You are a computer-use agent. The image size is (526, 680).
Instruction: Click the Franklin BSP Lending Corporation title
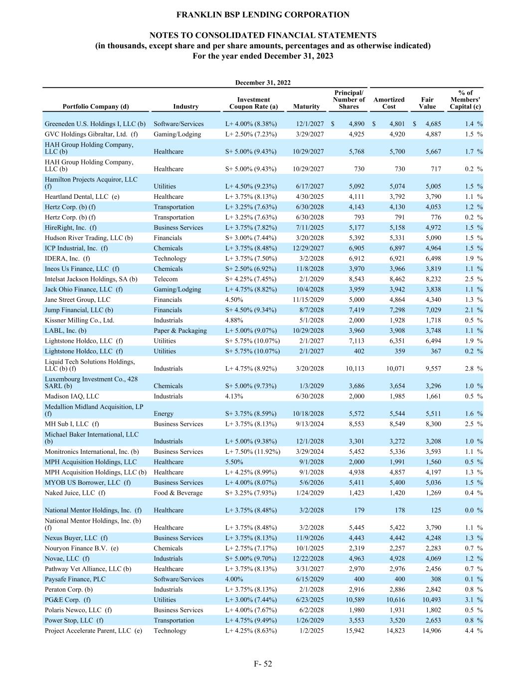tap(263, 15)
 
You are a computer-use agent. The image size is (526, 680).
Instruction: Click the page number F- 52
tap(263, 664)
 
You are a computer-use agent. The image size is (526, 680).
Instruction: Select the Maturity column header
tap(306, 106)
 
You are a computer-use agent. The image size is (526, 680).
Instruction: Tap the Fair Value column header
tap(427, 103)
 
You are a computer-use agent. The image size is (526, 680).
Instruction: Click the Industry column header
tap(185, 106)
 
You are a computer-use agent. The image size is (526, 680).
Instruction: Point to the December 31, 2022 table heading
tap(263, 83)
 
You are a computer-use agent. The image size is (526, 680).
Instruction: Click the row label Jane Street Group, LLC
tap(77, 299)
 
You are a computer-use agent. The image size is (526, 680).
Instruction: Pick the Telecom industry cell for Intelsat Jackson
tap(166, 279)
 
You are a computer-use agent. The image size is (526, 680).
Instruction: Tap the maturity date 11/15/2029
tap(308, 299)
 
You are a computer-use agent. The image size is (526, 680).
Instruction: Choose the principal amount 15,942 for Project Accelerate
tap(354, 631)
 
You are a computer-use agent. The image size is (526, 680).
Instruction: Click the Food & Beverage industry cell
tap(178, 493)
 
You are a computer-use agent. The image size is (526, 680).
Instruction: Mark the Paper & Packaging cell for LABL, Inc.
tap(180, 331)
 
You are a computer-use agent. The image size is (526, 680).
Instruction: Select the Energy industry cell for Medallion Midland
tap(164, 413)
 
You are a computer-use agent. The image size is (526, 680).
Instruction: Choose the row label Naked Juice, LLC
tap(75, 493)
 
